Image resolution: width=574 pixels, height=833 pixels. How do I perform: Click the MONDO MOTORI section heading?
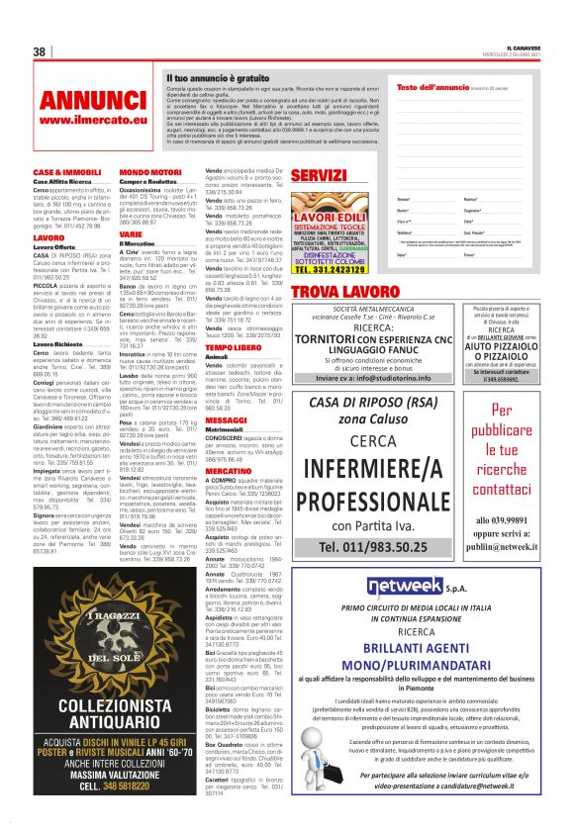click(149, 172)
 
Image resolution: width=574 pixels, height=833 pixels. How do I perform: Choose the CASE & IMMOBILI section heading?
click(67, 172)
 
